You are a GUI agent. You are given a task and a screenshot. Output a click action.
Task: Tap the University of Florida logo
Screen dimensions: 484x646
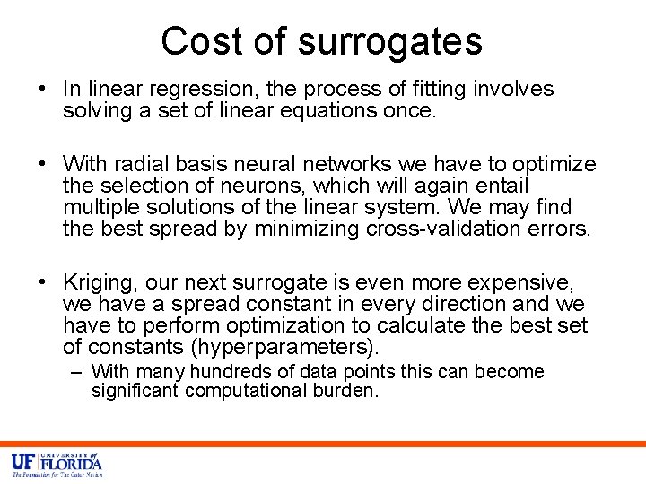(x=57, y=464)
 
